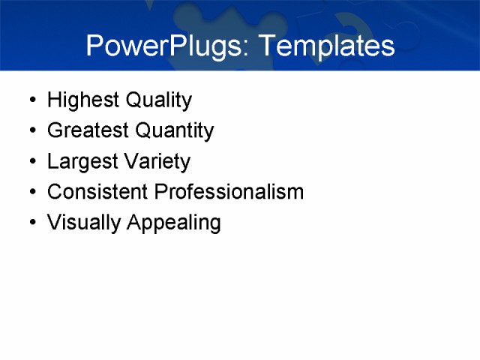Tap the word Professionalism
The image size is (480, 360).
(229, 192)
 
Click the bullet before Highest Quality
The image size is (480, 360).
(31, 100)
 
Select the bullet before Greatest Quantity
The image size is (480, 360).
(31, 131)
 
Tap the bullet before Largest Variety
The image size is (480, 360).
(31, 162)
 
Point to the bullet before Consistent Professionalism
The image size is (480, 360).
(31, 193)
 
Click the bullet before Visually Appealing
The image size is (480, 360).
(31, 223)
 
